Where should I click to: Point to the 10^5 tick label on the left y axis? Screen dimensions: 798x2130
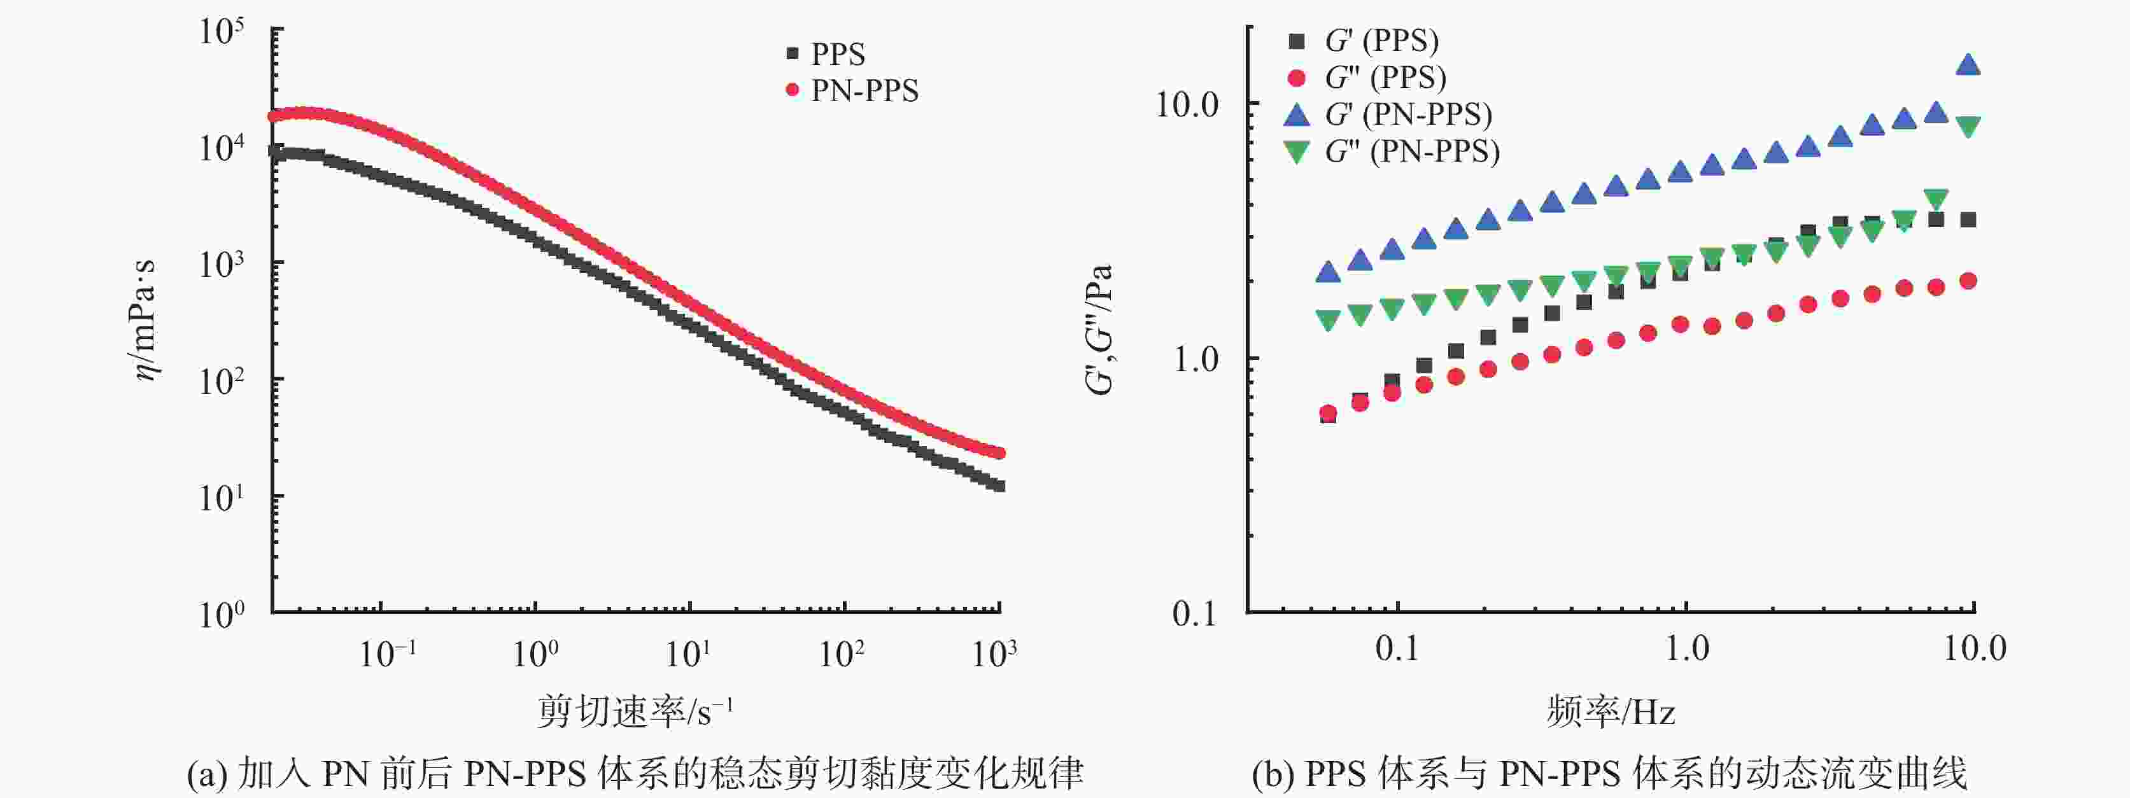coord(222,33)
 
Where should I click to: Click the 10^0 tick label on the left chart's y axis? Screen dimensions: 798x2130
coord(222,613)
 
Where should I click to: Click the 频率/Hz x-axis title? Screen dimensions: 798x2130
coord(1611,711)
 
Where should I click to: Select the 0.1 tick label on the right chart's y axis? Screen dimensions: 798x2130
coord(1195,613)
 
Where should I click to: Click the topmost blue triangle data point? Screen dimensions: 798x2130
coord(1969,64)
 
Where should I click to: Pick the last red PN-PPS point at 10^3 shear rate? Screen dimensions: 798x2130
coord(999,452)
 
